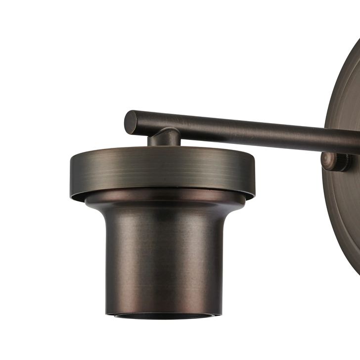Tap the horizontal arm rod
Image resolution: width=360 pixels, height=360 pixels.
pos(237,130)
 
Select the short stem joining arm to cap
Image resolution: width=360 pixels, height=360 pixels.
pos(165,137)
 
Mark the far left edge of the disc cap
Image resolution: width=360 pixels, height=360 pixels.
pos(71,173)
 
